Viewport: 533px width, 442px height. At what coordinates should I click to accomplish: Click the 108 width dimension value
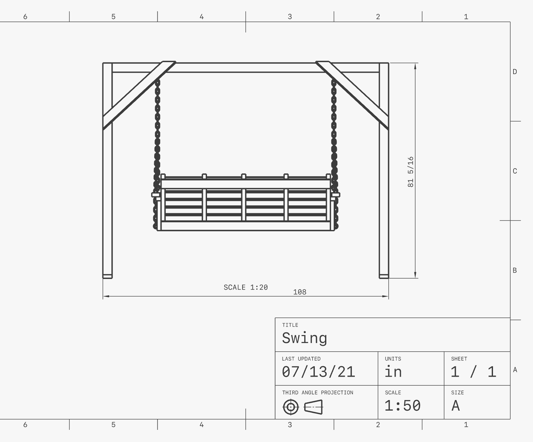(x=299, y=292)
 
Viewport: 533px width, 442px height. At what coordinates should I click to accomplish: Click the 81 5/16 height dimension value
(x=410, y=172)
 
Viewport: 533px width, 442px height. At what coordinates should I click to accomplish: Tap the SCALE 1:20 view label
(x=245, y=287)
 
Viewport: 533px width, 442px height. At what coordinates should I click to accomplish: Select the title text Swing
(x=304, y=338)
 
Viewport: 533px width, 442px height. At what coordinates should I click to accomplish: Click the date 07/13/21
(x=318, y=372)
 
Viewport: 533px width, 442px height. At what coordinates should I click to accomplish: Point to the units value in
(x=393, y=372)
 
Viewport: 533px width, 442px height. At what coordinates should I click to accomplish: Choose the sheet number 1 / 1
(x=473, y=372)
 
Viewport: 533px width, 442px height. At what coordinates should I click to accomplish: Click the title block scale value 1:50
(x=402, y=406)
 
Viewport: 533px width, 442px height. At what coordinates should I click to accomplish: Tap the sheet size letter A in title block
(x=456, y=406)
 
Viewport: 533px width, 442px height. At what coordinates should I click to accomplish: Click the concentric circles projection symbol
(x=290, y=407)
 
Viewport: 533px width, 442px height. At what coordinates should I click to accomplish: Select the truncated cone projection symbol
(x=313, y=407)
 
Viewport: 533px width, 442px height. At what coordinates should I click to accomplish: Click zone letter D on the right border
(x=515, y=72)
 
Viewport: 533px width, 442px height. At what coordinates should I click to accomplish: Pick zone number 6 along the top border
(x=25, y=17)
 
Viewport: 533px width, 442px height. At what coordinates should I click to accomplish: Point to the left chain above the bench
(x=157, y=128)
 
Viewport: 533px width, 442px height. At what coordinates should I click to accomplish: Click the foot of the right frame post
(x=384, y=276)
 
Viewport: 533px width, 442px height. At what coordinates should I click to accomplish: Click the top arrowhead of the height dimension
(x=415, y=66)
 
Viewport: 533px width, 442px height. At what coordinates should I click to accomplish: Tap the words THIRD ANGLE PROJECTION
(x=317, y=392)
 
